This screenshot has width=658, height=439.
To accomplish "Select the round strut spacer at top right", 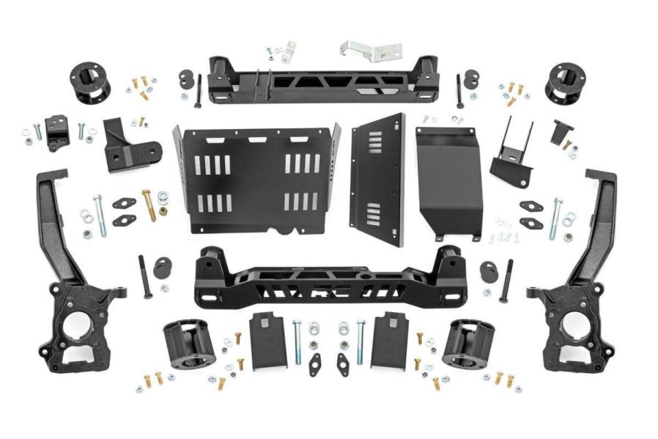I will pos(563,81).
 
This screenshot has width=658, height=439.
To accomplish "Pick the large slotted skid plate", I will pos(256,180).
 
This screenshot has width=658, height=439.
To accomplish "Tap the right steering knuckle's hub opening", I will pos(569,326).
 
